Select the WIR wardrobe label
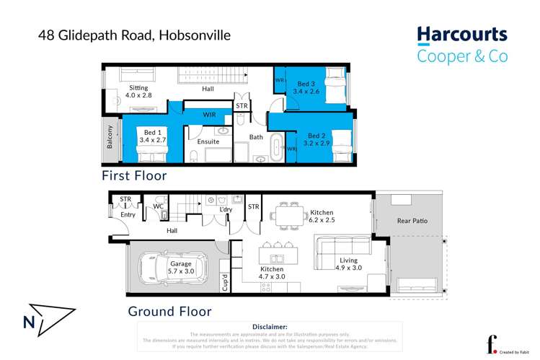coord(210,115)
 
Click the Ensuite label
coord(208,141)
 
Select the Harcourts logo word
coord(462,35)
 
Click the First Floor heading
coord(134,175)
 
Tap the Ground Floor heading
coord(169,312)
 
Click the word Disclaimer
coord(270,327)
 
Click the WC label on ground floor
coord(159,206)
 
